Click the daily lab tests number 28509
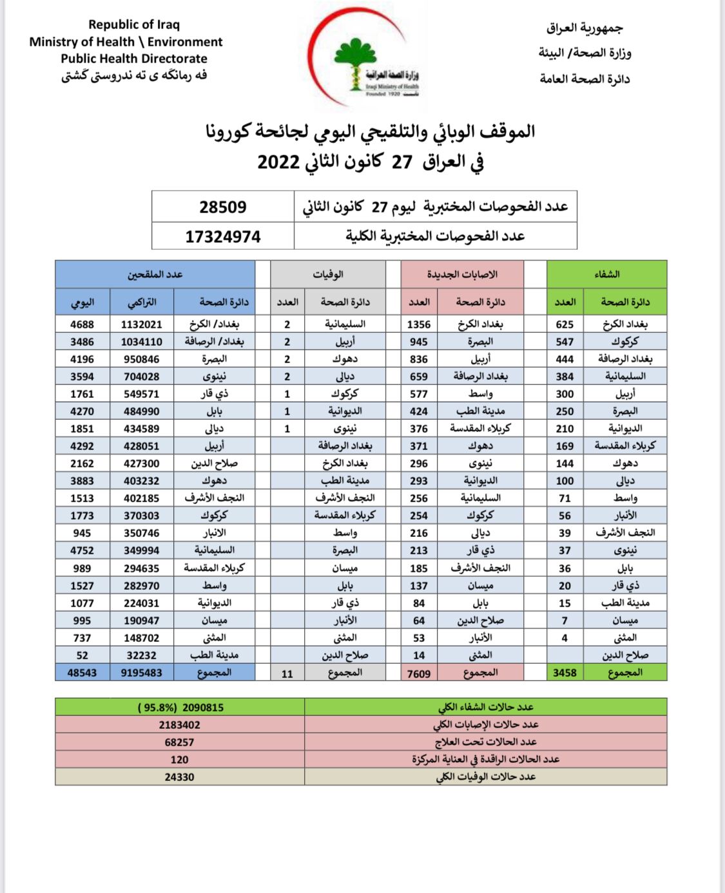pos(223,207)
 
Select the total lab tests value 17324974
pos(223,237)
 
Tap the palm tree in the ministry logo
pos(355,61)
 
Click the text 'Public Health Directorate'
pos(134,59)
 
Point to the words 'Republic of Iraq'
pos(134,24)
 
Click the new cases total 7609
pos(419,673)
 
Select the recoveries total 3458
pos(565,673)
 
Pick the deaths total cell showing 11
pos(287,673)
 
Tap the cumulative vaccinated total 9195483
pos(142,673)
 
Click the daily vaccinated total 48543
pos(82,673)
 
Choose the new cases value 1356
pos(419,324)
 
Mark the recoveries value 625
pos(565,324)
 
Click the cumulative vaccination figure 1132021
pos(142,324)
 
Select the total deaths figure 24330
pos(179,777)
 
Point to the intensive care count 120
pos(179,760)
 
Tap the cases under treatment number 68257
pos(179,742)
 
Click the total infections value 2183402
pos(179,725)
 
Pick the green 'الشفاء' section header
pos(606,274)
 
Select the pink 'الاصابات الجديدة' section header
pos(462,274)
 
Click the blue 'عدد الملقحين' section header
pos(155,274)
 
